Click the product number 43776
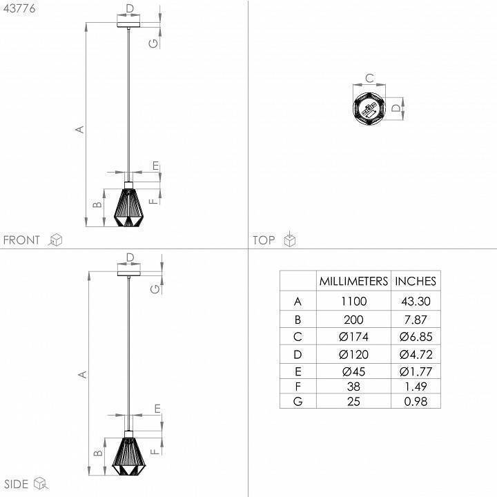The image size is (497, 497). click(19, 8)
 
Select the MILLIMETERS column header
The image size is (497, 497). click(353, 281)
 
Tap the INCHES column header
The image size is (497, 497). click(416, 281)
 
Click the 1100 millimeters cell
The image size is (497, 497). click(353, 301)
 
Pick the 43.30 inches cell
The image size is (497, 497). click(416, 301)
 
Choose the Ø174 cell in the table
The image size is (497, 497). click(353, 337)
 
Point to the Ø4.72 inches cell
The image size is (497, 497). click(416, 354)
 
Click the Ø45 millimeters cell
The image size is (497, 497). click(353, 371)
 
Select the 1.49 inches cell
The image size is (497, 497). click(416, 387)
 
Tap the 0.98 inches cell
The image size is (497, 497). click(416, 402)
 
